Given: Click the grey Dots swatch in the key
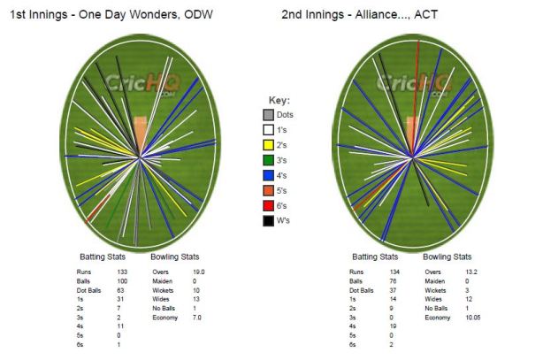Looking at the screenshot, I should click(267, 115).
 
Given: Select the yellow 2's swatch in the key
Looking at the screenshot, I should click(267, 145).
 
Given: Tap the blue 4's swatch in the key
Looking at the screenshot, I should click(267, 175).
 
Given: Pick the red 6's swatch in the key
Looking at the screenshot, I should click(267, 205).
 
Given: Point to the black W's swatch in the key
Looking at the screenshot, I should click(267, 220).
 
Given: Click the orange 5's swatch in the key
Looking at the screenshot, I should click(267, 190).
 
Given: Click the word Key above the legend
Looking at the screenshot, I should click(279, 100).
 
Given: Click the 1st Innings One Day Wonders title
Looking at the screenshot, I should click(110, 15).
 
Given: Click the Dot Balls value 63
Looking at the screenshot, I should click(120, 289).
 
